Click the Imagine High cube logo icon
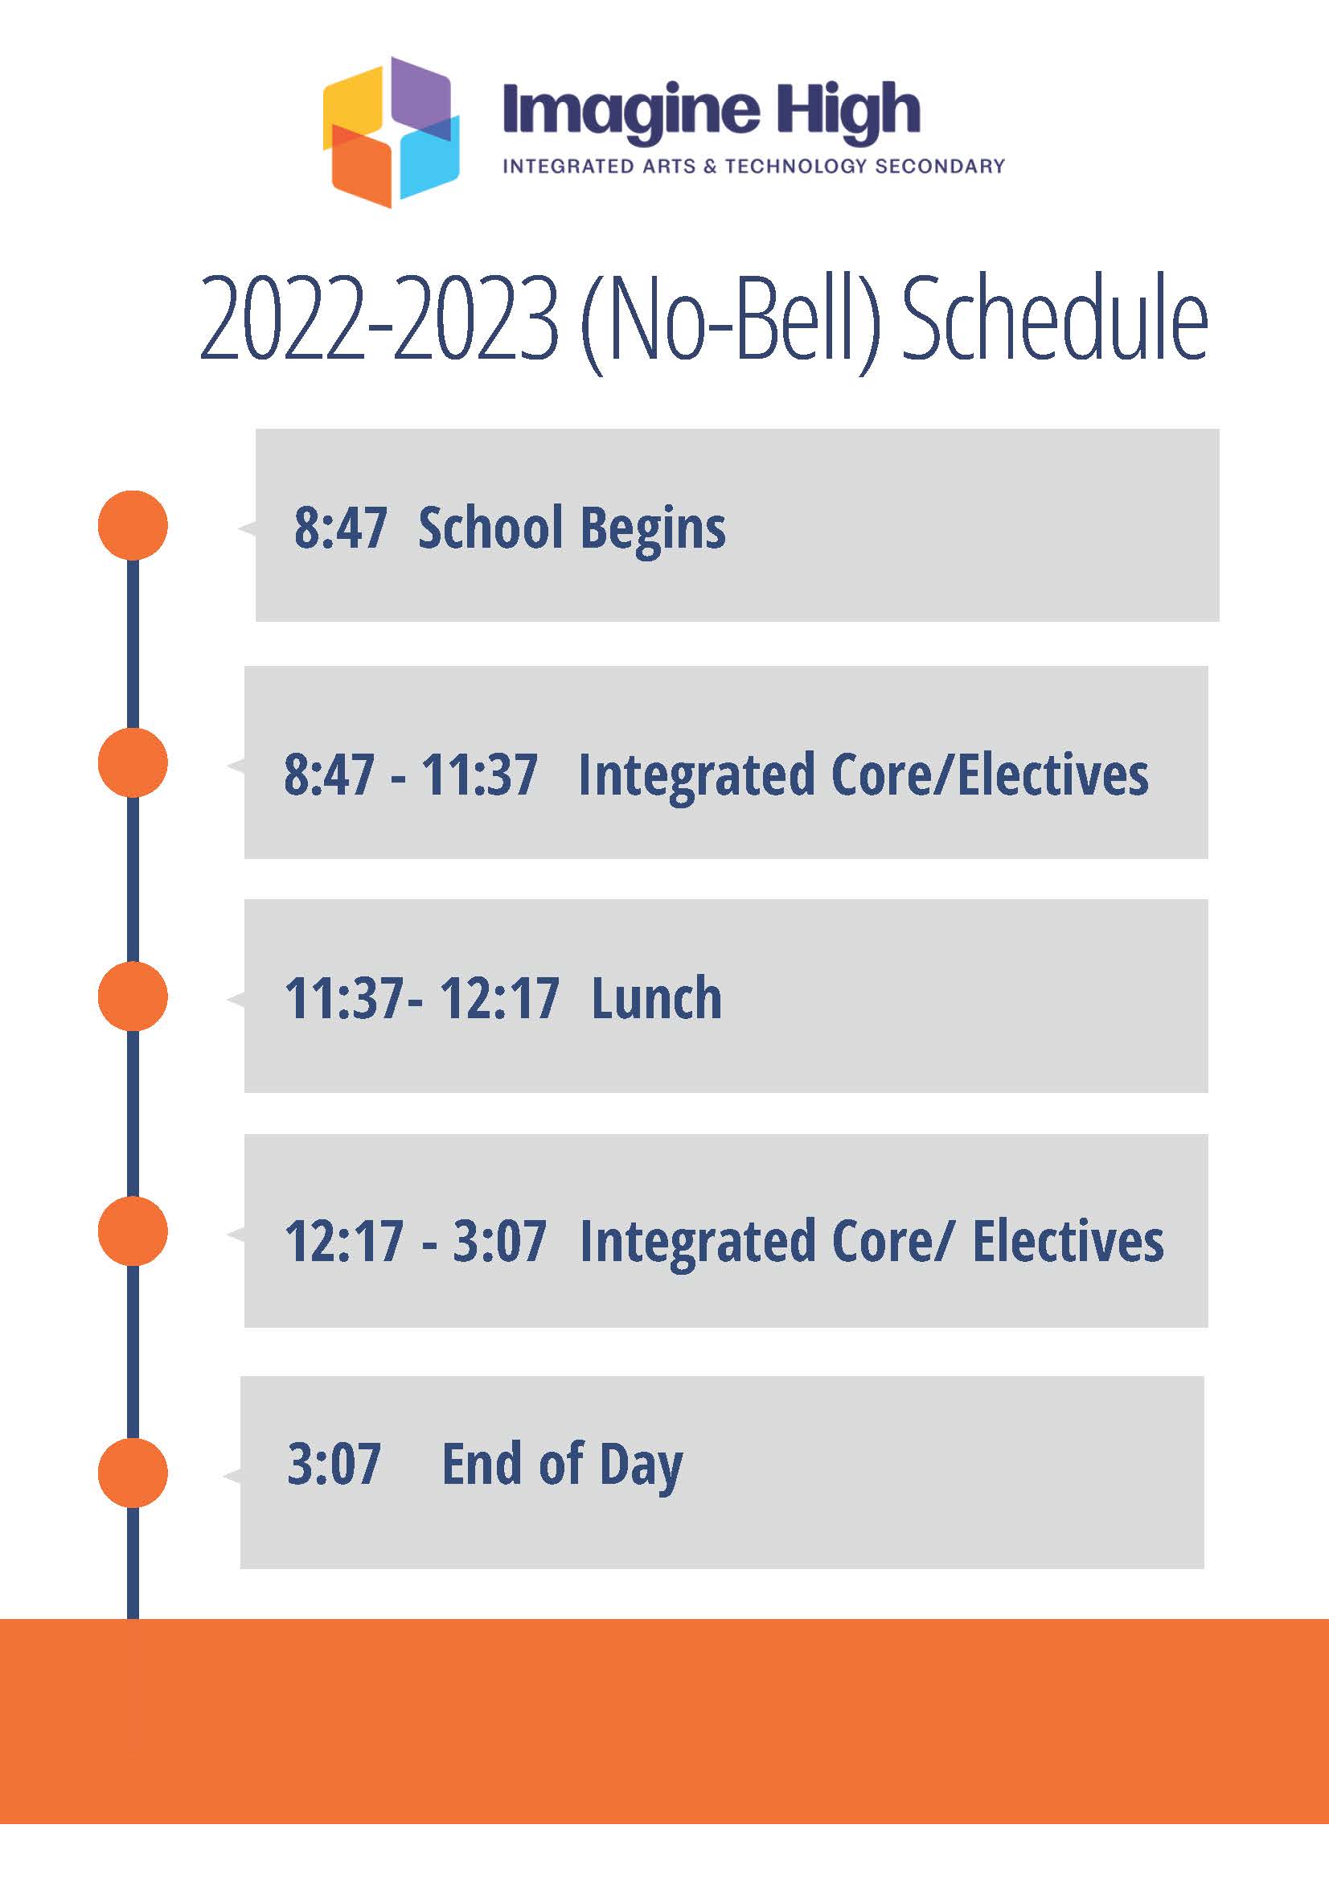(391, 131)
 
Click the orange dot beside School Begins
(133, 525)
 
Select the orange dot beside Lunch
(133, 996)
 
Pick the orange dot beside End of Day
(133, 1472)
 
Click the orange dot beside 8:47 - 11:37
(133, 762)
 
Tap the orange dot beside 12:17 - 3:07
(133, 1231)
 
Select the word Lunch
(656, 997)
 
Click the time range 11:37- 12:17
(421, 998)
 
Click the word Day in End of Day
(641, 1467)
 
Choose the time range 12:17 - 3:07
(415, 1241)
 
